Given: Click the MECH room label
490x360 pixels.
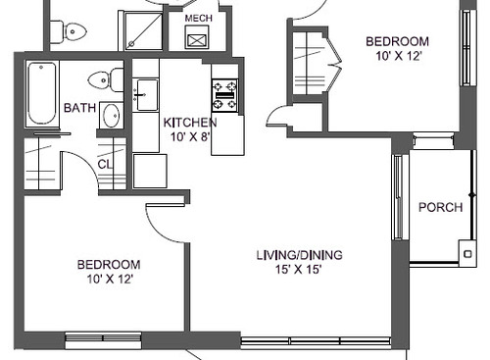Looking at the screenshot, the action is click(198, 18).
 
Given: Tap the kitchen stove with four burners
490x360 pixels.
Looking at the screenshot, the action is click(224, 95).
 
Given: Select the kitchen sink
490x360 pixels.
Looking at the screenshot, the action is click(147, 95).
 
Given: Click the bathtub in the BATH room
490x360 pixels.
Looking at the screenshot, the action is click(41, 93).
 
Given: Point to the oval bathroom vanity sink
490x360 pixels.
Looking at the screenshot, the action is click(112, 115).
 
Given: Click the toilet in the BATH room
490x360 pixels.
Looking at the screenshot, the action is click(106, 79).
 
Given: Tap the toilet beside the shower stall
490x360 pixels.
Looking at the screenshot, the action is click(69, 32).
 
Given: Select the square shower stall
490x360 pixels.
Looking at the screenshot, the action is click(144, 30).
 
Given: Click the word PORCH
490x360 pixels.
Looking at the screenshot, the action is click(441, 207).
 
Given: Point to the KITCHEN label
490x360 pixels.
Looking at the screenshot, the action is click(190, 123).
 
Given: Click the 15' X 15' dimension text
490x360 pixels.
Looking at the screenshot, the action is click(299, 270).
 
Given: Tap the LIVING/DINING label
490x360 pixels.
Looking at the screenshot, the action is click(299, 255).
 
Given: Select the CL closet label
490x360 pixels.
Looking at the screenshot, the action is click(104, 165).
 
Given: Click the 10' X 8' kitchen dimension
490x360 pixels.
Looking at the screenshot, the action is click(190, 136).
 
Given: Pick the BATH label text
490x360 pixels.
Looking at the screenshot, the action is click(79, 108).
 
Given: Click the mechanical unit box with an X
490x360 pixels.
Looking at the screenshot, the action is click(197, 40).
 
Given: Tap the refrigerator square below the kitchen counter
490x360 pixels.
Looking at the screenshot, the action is click(150, 171).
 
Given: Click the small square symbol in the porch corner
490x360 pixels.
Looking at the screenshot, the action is click(467, 254).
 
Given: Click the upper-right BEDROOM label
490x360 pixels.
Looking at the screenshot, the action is click(397, 41).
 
